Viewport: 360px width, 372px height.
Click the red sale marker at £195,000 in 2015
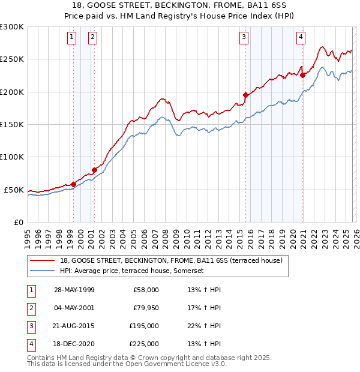245,95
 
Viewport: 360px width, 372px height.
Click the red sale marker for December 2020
302,75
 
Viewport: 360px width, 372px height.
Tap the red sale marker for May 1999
73,184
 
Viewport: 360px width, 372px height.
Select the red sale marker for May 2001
94,170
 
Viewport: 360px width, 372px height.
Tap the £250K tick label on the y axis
12,59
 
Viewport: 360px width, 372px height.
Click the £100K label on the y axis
12,157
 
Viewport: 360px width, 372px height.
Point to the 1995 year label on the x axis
27,236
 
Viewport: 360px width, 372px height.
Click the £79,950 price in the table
145,308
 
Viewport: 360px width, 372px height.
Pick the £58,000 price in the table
146,290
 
